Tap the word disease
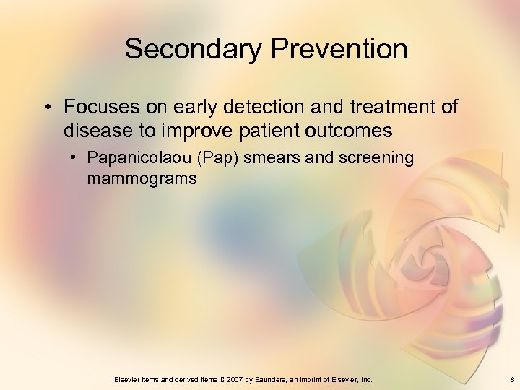[95, 131]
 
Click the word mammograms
[142, 178]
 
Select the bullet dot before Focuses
[47, 108]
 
